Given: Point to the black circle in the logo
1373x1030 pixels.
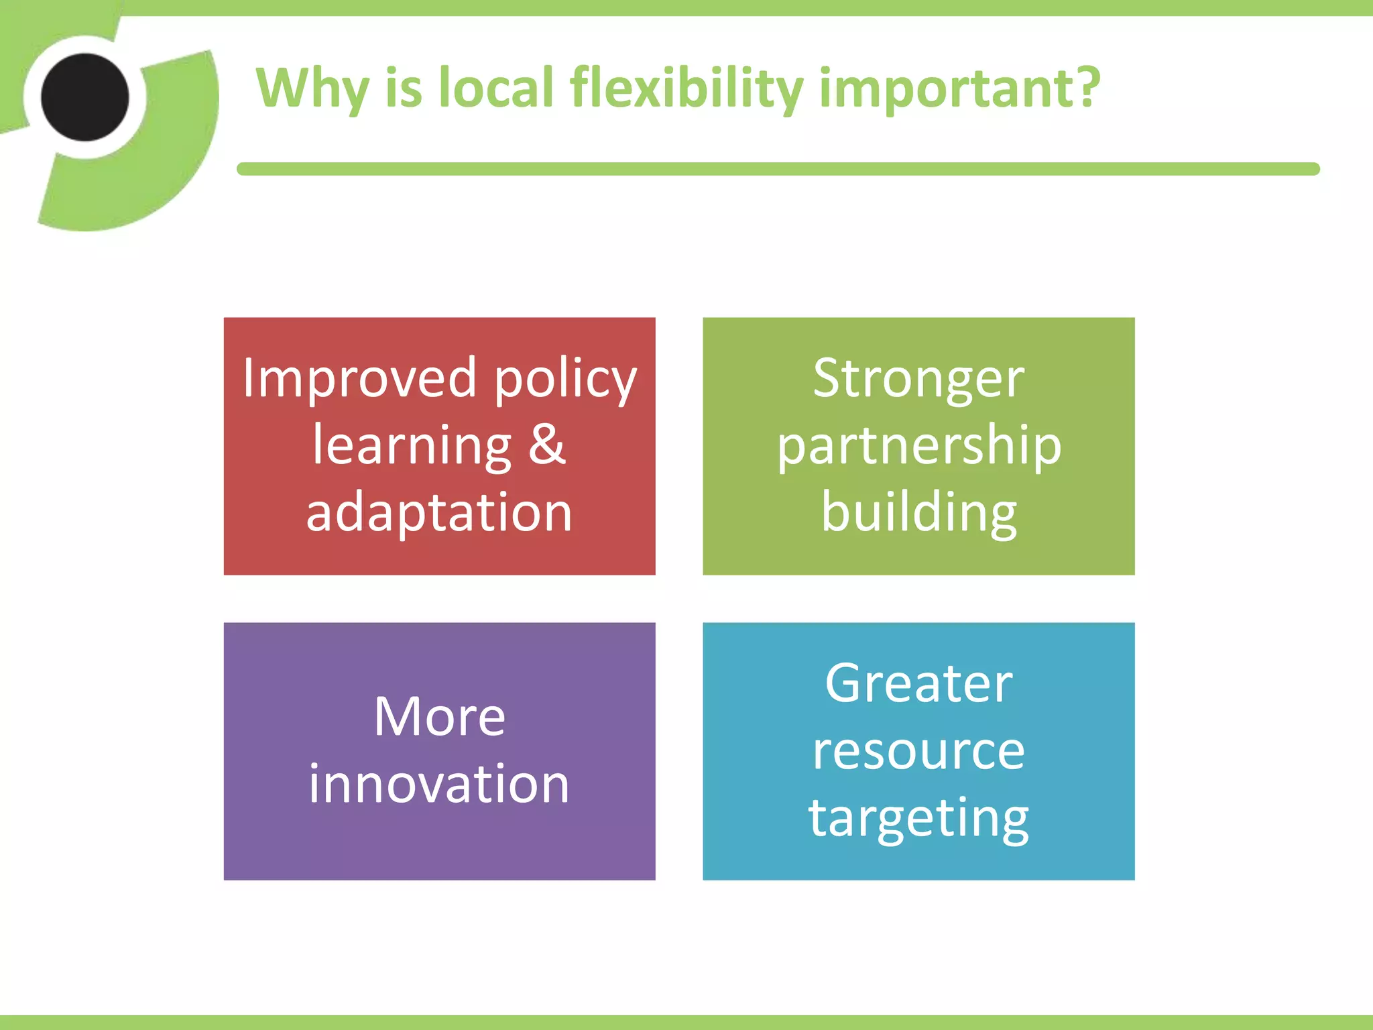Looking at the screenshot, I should click(85, 98).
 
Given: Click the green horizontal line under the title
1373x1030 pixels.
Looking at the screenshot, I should click(778, 169).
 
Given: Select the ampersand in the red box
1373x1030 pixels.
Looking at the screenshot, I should click(546, 445).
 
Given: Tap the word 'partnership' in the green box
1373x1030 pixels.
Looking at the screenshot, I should click(918, 447).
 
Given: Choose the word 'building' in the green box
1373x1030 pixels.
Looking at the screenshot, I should click(918, 513).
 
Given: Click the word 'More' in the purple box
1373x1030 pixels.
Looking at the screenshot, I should click(439, 717).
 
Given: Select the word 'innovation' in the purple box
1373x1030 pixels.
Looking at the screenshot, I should click(439, 783).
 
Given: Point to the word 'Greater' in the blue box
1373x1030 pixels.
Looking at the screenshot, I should click(918, 684).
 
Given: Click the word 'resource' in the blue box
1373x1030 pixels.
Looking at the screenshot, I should click(918, 751).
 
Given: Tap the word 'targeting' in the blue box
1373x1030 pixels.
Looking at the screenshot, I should click(918, 818).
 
